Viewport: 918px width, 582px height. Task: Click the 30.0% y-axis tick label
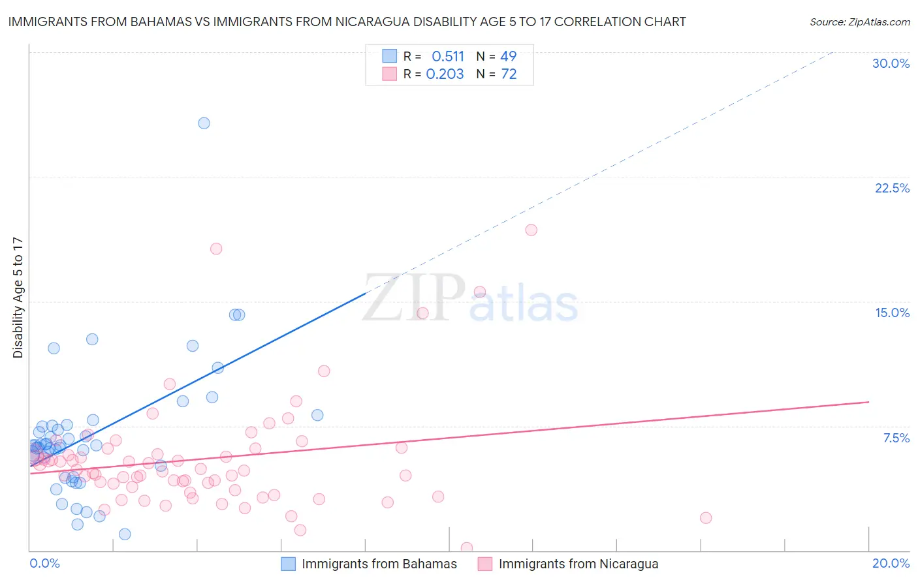891,63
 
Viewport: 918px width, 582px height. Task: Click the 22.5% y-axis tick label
892,188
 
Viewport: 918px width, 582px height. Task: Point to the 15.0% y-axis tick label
892,313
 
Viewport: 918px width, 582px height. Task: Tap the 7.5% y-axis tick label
896,438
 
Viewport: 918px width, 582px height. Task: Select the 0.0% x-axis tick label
44,563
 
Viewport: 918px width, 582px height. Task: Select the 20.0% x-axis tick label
891,563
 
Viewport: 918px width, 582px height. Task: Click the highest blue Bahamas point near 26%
204,123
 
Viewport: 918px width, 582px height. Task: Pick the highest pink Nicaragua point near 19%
531,230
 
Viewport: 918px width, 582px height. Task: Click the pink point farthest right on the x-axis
705,517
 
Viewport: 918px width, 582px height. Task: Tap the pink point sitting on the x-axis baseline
466,548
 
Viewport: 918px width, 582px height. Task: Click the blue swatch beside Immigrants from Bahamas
289,564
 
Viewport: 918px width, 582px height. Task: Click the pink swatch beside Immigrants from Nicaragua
484,564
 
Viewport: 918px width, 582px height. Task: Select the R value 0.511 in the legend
448,57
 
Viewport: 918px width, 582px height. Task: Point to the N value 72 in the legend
509,74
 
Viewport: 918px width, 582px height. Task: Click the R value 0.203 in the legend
445,74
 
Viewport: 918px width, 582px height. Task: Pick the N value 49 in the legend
508,57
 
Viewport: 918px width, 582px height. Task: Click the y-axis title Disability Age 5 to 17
18,297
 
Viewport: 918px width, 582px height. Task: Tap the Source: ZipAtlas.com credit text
859,22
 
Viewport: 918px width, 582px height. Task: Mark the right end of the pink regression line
868,402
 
